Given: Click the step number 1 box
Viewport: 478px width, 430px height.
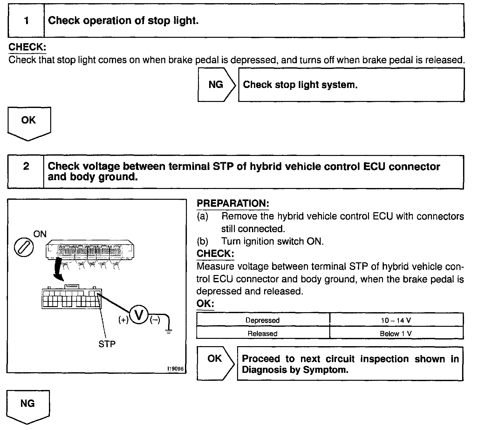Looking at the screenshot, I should (x=26, y=21).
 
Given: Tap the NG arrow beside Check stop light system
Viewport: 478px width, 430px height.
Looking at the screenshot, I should (x=216, y=85).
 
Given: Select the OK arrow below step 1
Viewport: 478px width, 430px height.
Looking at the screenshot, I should (x=29, y=122).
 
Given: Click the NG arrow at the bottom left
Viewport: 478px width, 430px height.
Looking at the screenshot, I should (x=28, y=406).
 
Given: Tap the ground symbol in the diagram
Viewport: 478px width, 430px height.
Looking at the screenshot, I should (x=169, y=331).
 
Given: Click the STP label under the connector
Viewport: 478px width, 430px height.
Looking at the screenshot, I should (x=107, y=344).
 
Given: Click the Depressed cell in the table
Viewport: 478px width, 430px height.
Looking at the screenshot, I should (x=263, y=320).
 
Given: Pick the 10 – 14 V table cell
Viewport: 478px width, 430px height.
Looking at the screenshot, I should (x=396, y=320).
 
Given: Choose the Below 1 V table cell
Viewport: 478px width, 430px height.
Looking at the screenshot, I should (x=396, y=333).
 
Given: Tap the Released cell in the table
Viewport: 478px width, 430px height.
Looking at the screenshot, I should (x=263, y=333).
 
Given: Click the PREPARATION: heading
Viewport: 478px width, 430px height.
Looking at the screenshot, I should (x=233, y=204).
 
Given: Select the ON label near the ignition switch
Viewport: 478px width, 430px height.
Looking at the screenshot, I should (x=40, y=234).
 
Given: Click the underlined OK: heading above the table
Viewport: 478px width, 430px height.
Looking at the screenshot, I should (x=205, y=304).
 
